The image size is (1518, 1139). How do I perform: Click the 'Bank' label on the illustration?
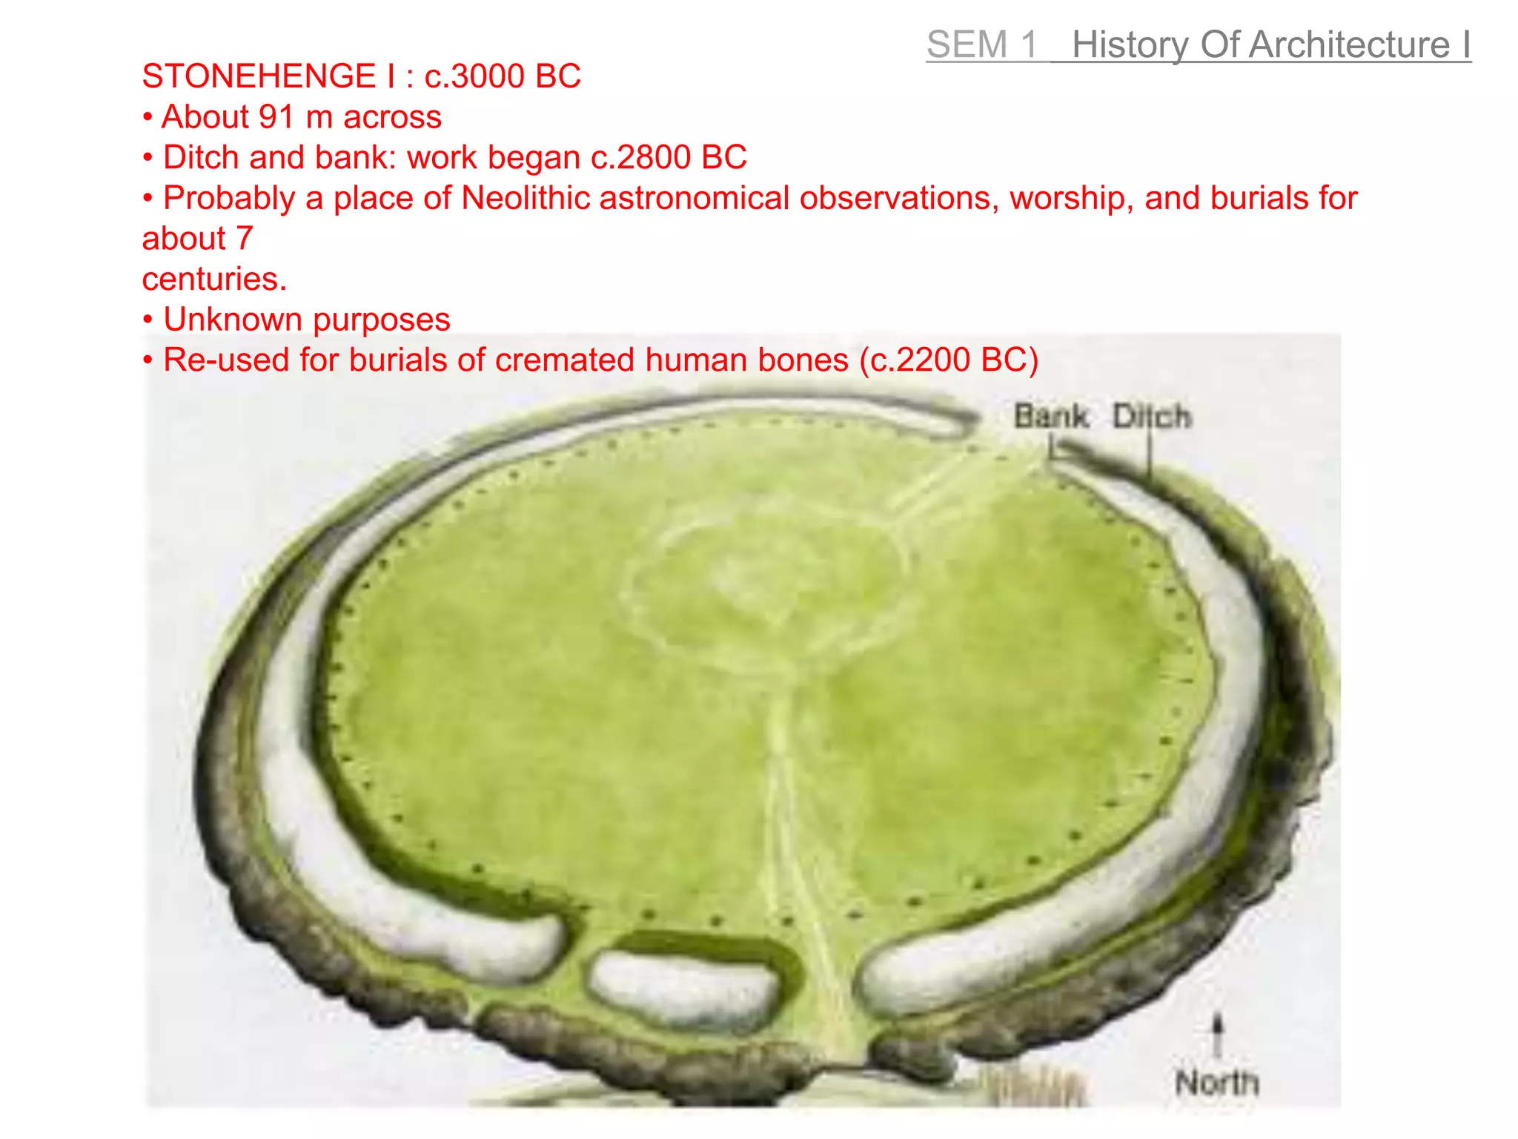(1050, 416)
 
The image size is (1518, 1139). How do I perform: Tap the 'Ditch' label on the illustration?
(1152, 416)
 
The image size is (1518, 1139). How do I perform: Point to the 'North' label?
(1217, 1083)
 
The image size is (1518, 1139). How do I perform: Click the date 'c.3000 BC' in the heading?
(503, 76)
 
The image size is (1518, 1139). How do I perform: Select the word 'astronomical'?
(695, 198)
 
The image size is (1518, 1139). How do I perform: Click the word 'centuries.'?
(214, 280)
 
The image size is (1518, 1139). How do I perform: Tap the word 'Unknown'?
(233, 320)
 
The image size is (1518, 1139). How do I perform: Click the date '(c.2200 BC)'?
(949, 360)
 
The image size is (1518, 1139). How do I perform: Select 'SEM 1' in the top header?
(982, 44)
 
